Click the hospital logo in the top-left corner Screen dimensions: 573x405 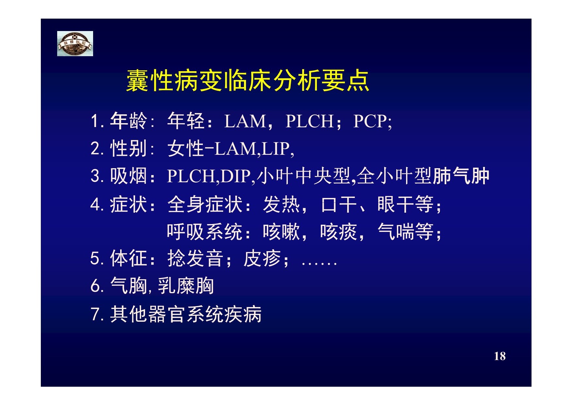click(x=75, y=43)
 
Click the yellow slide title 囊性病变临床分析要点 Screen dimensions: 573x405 click(x=248, y=80)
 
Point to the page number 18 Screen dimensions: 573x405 click(x=500, y=356)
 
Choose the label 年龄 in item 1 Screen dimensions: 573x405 click(x=129, y=121)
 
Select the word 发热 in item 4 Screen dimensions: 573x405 click(x=282, y=204)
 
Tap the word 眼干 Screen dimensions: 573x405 click(x=396, y=204)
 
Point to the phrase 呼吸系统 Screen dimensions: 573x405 click(x=205, y=232)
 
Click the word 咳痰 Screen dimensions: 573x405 click(x=339, y=232)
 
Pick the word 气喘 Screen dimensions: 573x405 click(x=396, y=232)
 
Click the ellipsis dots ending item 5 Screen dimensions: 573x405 click(x=319, y=264)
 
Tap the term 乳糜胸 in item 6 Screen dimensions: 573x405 click(x=186, y=286)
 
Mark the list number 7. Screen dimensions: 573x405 click(x=96, y=314)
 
